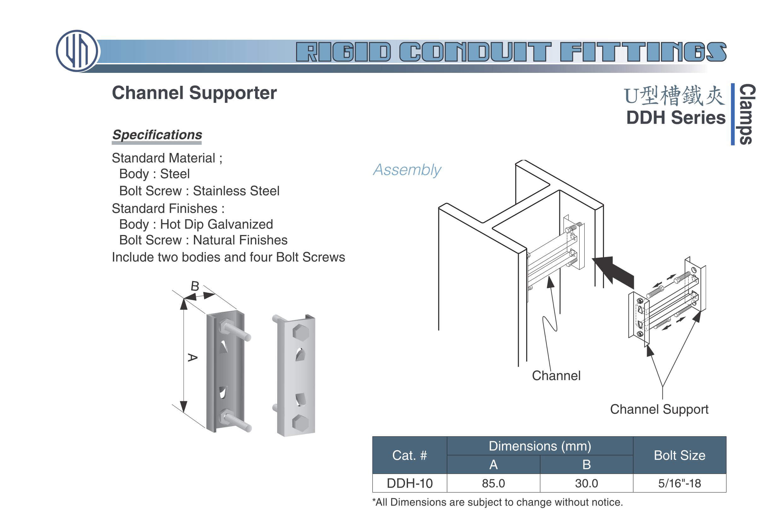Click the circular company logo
coord(77,51)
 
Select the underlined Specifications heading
coord(157,135)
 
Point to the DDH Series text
coord(676,118)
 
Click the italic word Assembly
coord(407,170)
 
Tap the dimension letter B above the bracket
coord(195,286)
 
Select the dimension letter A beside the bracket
coord(192,357)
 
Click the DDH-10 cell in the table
coord(410,483)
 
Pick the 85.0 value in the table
coord(493,483)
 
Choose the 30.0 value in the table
coord(586,483)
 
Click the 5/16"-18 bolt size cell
coord(680,483)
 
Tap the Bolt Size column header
coord(680,455)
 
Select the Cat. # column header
coord(410,455)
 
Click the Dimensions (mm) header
coord(540,446)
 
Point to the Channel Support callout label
coord(659,409)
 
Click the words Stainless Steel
coord(236,191)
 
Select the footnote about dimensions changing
coord(497,502)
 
